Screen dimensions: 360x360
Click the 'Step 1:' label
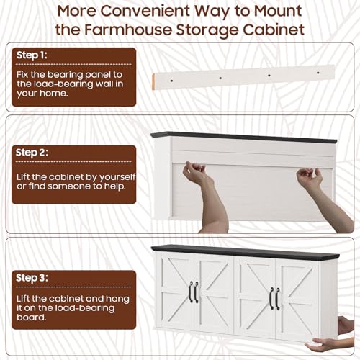pyautogui.click(x=32, y=55)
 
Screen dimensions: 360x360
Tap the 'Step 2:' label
pyautogui.click(x=32, y=153)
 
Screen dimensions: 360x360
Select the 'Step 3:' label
pyautogui.click(x=32, y=278)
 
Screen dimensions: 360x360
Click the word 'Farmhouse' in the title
pyautogui.click(x=128, y=30)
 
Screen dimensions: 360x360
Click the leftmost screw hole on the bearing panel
pyautogui.click(x=171, y=81)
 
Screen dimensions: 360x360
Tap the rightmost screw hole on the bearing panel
pyautogui.click(x=318, y=73)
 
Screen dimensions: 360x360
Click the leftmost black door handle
pyautogui.click(x=191, y=292)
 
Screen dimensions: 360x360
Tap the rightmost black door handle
pyautogui.click(x=278, y=299)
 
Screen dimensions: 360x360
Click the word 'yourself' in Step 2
pyautogui.click(x=117, y=177)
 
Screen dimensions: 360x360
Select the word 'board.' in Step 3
pyautogui.click(x=31, y=318)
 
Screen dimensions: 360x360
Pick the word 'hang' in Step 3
pyautogui.click(x=117, y=300)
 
